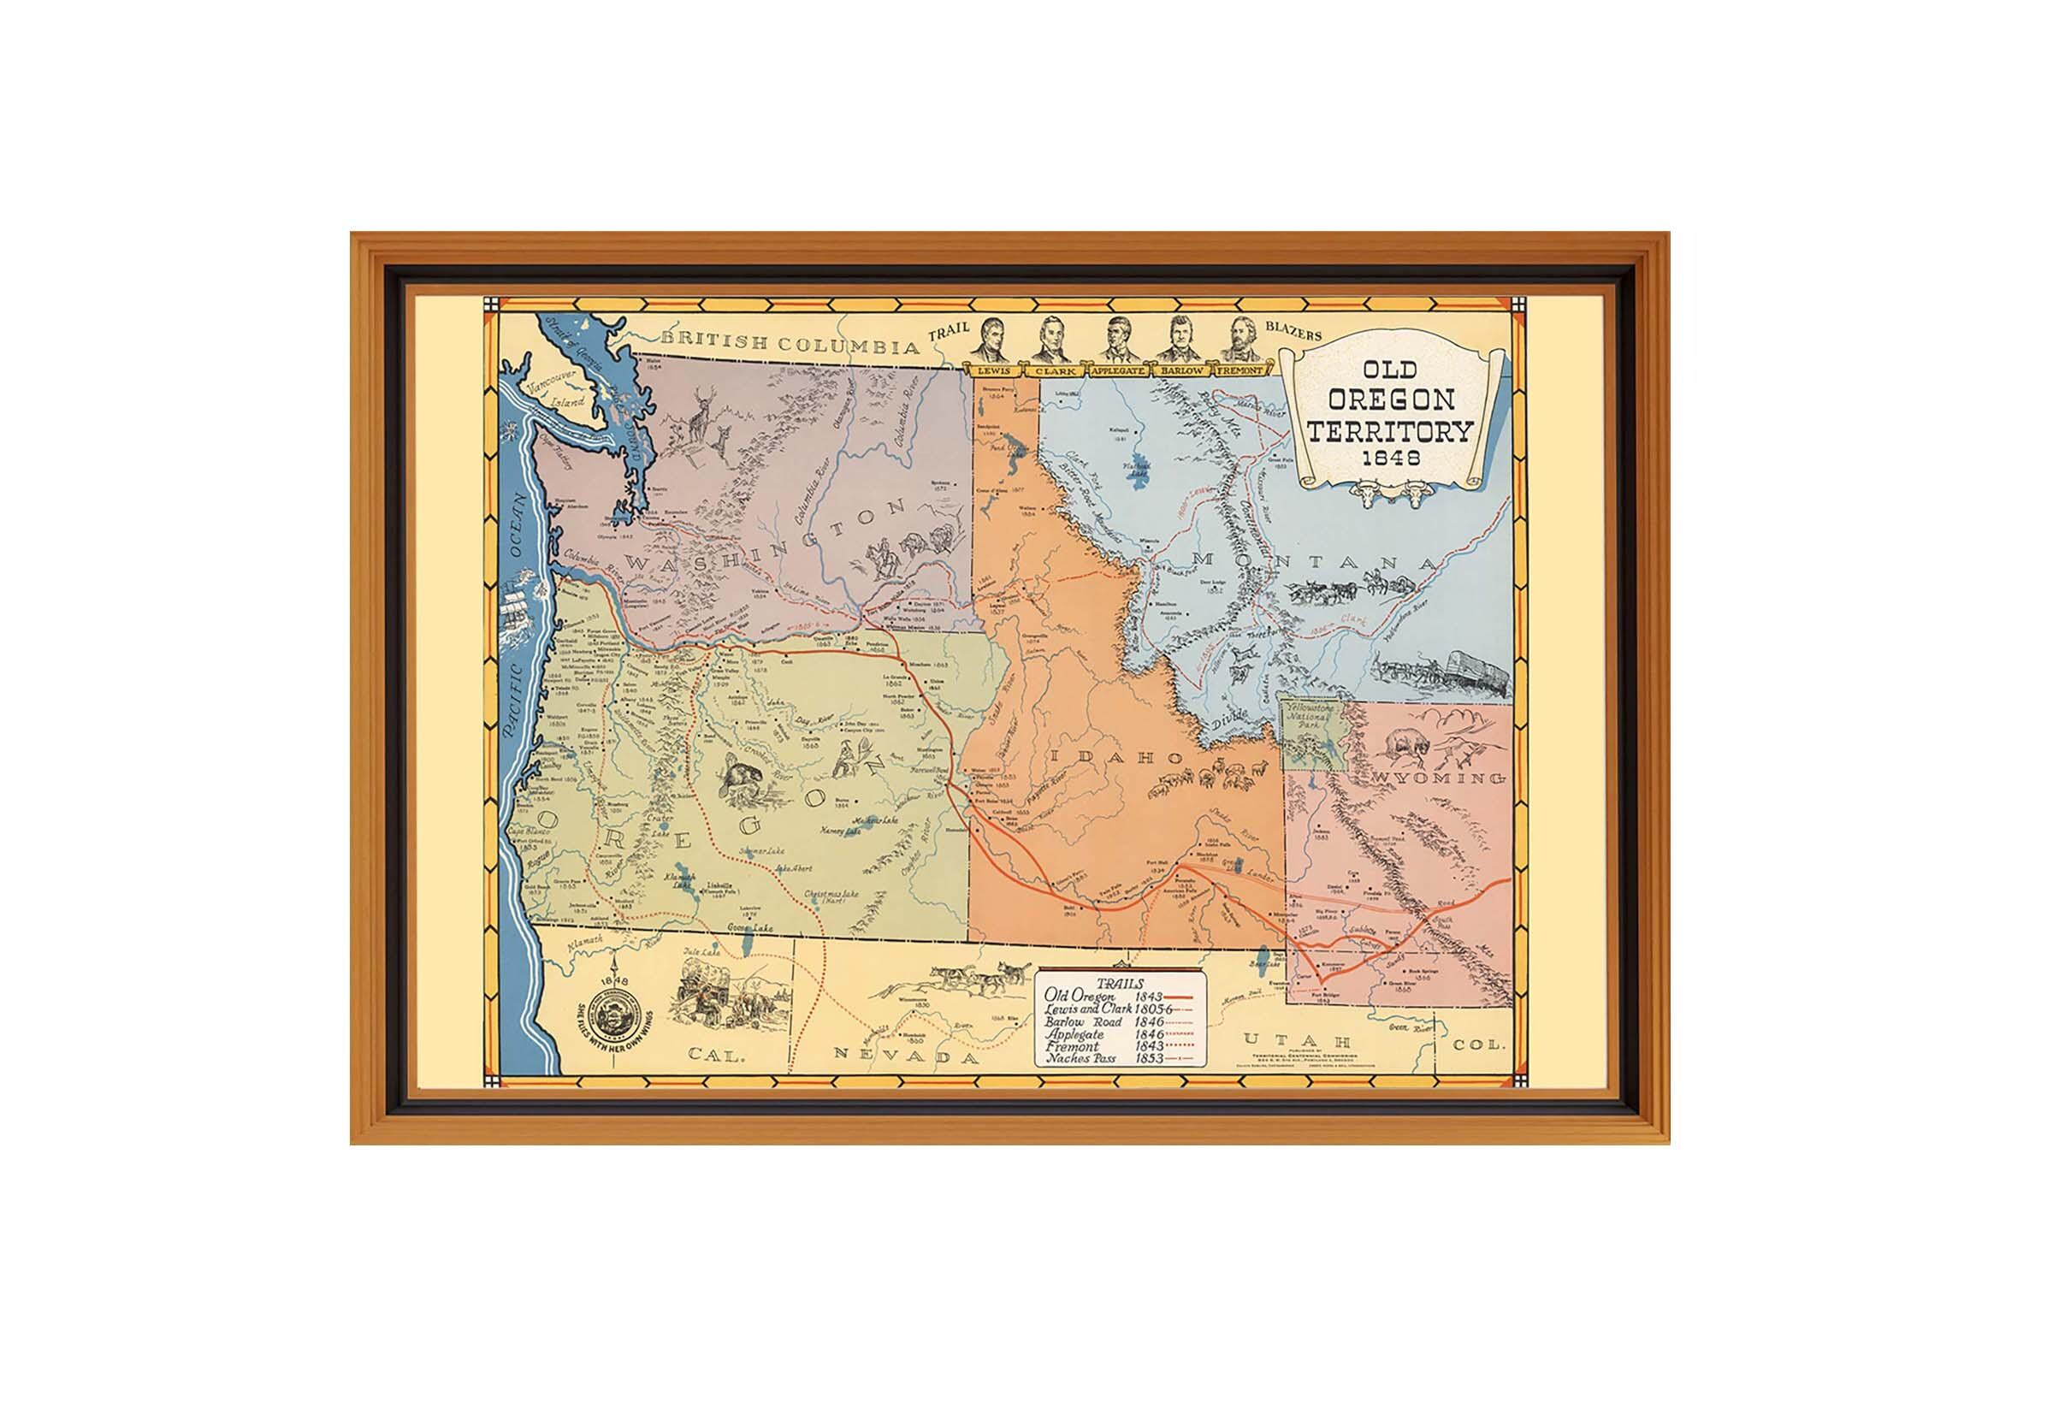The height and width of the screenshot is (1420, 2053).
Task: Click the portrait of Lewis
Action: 996,339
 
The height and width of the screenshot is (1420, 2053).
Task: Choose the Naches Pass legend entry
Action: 1120,1059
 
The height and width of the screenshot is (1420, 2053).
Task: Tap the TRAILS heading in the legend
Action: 1120,983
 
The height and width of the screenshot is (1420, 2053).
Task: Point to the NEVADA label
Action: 907,1056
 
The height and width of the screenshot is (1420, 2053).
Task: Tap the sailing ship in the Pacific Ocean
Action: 518,606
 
